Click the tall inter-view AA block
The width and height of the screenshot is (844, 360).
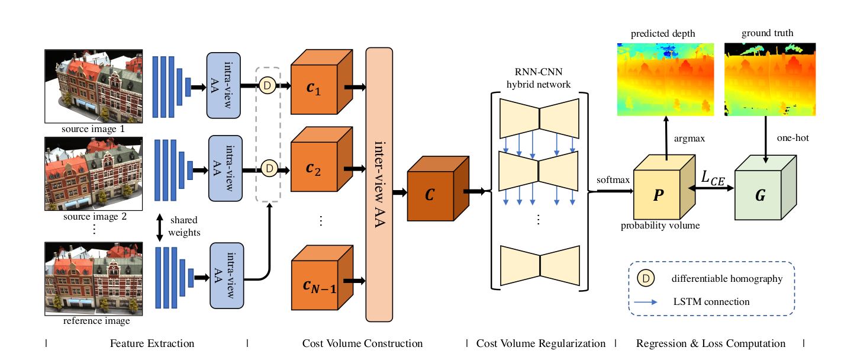379,184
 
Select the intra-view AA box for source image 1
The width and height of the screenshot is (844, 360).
224,86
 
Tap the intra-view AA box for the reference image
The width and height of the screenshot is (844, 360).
228,275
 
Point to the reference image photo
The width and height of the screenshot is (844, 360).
93,278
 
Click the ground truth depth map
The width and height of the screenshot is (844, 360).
770,78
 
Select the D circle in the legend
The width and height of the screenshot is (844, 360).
646,278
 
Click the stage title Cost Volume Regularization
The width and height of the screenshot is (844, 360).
541,343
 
